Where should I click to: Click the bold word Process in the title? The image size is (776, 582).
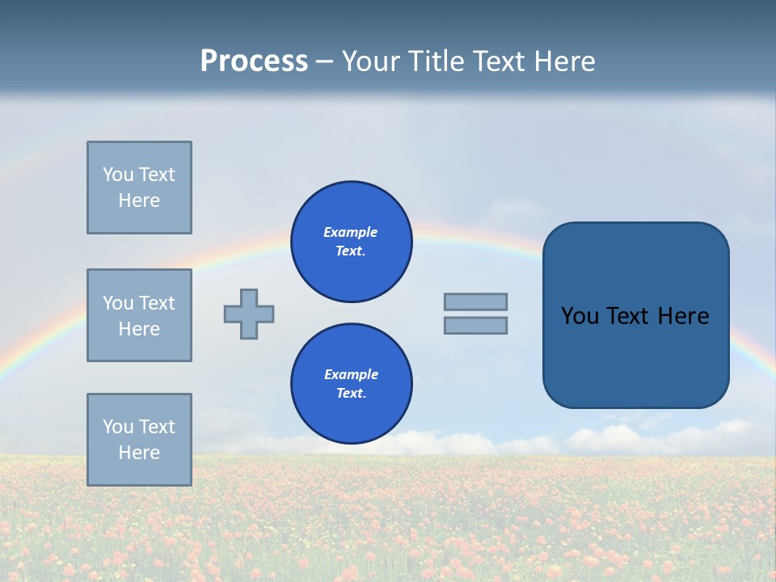point(254,61)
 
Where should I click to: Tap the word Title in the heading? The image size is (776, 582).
point(435,61)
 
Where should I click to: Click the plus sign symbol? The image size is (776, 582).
point(249,314)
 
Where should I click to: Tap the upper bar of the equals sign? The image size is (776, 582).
point(475,302)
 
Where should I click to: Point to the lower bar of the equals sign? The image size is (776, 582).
point(475,325)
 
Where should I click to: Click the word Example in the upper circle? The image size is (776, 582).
point(350,232)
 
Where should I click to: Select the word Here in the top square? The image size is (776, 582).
point(139,200)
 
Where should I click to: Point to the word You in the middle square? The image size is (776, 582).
point(117,303)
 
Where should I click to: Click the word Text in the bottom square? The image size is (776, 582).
point(156,427)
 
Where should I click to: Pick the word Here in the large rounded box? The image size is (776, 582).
point(683,316)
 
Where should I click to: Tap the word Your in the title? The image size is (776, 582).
point(373,61)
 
